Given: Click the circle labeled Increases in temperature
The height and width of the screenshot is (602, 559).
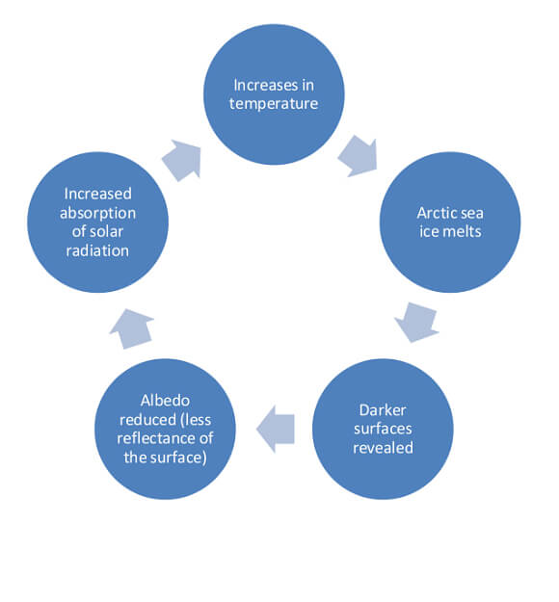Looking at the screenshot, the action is pyautogui.click(x=274, y=94).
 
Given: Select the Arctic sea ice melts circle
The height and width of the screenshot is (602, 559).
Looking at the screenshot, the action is pyautogui.click(x=450, y=222).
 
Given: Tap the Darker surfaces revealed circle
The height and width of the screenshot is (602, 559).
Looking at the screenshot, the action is pyautogui.click(x=383, y=429).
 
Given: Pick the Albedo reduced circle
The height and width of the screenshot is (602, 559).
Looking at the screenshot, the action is pyautogui.click(x=165, y=429).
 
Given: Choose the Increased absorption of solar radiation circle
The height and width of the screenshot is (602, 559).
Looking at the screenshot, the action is pyautogui.click(x=97, y=222).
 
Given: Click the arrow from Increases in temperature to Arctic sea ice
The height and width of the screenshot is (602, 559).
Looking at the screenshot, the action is pyautogui.click(x=359, y=155).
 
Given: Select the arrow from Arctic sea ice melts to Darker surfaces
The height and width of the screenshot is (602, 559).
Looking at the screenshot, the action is pyautogui.click(x=416, y=322).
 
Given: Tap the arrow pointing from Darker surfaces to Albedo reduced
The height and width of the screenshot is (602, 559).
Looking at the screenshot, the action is pyautogui.click(x=275, y=429).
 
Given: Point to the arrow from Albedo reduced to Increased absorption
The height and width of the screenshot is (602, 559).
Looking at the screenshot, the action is pyautogui.click(x=132, y=329).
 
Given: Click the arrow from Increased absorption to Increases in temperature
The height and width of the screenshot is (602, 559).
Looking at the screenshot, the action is pyautogui.click(x=182, y=160).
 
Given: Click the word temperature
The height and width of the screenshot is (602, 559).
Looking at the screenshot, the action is pyautogui.click(x=274, y=104).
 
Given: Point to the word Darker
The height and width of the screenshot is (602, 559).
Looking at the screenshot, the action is pyautogui.click(x=383, y=410).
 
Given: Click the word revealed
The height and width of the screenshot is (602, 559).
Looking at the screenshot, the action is pyautogui.click(x=383, y=448).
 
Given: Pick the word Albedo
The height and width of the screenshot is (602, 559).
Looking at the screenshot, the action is pyautogui.click(x=165, y=401).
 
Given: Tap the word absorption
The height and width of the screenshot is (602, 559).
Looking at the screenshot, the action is pyautogui.click(x=97, y=214).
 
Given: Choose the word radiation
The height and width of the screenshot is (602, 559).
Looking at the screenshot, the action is pyautogui.click(x=97, y=251).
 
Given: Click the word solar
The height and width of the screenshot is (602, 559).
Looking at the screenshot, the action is pyautogui.click(x=104, y=232).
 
